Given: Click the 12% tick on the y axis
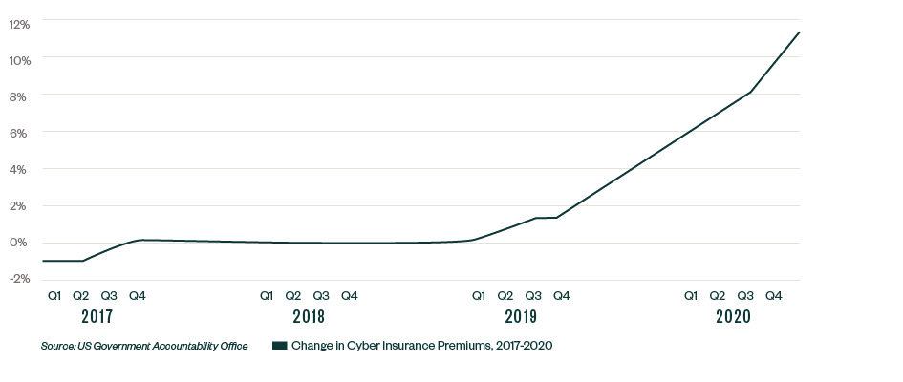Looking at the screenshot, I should click(21, 23).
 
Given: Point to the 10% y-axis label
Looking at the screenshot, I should click(21, 59).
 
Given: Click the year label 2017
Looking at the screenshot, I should click(97, 317).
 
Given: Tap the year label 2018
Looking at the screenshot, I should click(309, 317).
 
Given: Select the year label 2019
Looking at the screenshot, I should click(520, 317).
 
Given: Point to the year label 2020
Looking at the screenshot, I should click(732, 317).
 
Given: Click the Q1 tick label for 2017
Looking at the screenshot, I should click(54, 296).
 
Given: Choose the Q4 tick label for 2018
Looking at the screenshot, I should click(350, 296).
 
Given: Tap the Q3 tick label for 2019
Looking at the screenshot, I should click(533, 296).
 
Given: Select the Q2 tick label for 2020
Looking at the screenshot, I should click(718, 296).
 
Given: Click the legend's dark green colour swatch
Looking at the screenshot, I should click(279, 346).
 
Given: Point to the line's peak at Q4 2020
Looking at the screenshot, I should click(800, 32).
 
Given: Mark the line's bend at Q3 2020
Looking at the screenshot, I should click(752, 92).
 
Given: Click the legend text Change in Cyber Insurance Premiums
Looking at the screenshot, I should click(420, 346).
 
